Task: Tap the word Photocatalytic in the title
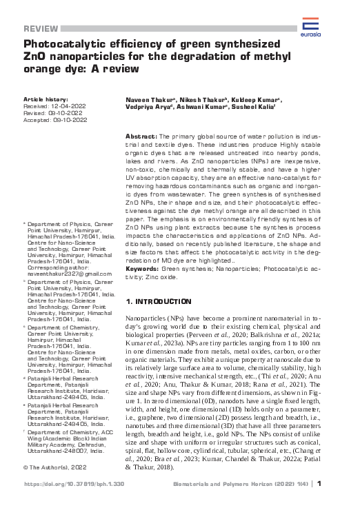pyautogui.click(x=60, y=45)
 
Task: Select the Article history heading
pyautogui.click(x=46, y=100)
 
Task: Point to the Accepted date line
pyautogui.click(x=55, y=119)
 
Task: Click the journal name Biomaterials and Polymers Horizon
pyautogui.click(x=251, y=484)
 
